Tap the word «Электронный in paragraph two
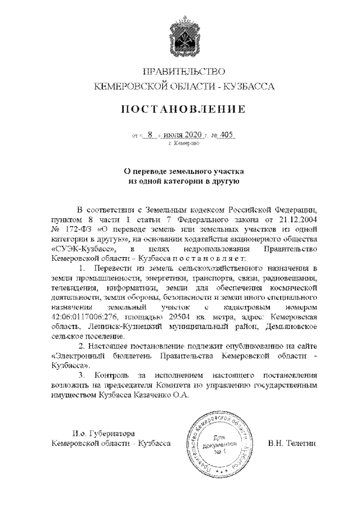coord(79,355)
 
